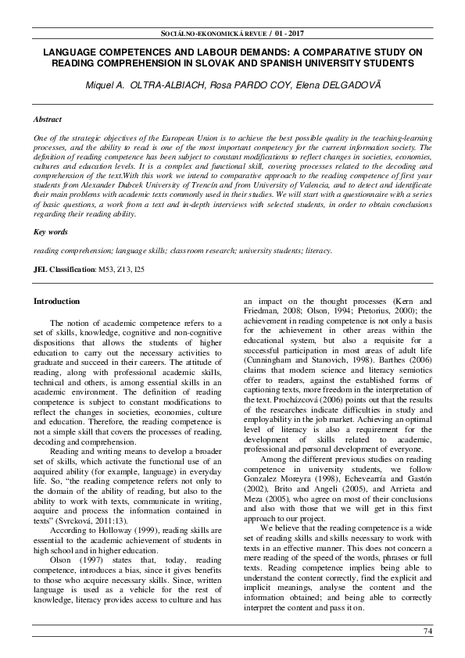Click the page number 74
point(427,631)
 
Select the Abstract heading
point(48,120)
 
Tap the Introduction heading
point(56,302)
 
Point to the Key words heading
point(50,232)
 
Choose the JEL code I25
point(138,269)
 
